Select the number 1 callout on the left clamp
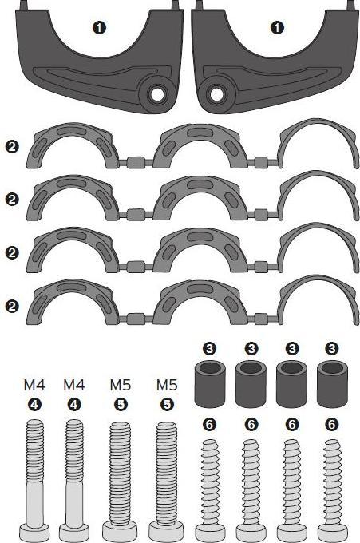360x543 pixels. (x=101, y=28)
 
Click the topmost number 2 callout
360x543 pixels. (x=11, y=148)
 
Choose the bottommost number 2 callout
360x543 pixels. (x=11, y=306)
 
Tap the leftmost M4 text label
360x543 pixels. (x=34, y=386)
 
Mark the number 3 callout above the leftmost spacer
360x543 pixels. (x=209, y=349)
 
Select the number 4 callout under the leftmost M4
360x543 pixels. (x=34, y=405)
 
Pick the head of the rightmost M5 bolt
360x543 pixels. (x=167, y=531)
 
